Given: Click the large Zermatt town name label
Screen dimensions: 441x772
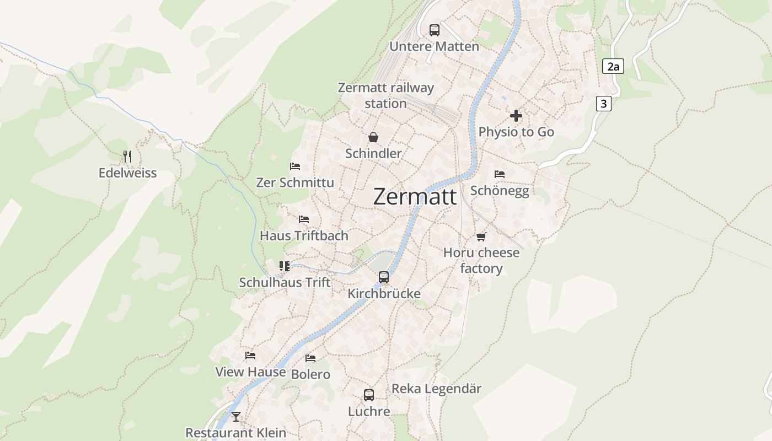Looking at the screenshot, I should [x=415, y=197].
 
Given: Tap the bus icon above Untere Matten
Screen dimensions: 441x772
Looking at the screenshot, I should [x=435, y=30].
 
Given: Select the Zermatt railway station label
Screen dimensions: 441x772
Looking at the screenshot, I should [x=385, y=95].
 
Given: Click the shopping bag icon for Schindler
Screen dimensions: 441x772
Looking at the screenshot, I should [x=373, y=137].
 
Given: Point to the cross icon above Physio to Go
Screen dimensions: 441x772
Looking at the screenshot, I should [x=516, y=116].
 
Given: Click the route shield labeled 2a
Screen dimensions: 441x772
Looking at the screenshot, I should [x=613, y=67].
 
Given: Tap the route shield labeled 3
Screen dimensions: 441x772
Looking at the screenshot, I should [x=604, y=103].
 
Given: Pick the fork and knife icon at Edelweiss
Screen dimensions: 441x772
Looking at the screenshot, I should [x=127, y=157].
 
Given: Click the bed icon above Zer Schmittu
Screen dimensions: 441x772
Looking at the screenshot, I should [x=295, y=166].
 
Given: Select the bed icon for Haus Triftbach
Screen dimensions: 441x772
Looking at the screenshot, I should [x=304, y=219].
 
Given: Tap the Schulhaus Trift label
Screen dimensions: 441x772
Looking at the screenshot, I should [x=285, y=282].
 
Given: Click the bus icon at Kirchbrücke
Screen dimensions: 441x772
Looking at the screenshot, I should [x=384, y=277].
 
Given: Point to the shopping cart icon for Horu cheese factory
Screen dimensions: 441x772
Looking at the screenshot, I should [x=481, y=236].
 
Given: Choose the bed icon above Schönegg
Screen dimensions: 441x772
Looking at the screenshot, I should [x=500, y=174].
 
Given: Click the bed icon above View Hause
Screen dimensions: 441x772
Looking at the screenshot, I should [x=250, y=356].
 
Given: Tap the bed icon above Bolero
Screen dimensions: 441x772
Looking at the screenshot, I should [x=310, y=358].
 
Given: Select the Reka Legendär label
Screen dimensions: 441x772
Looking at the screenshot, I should [x=436, y=389].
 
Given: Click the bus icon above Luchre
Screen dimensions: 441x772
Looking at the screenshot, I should [x=369, y=395].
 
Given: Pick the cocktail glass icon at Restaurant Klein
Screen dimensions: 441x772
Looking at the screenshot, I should [x=236, y=417].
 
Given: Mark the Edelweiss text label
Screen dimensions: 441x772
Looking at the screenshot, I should [x=127, y=173].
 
